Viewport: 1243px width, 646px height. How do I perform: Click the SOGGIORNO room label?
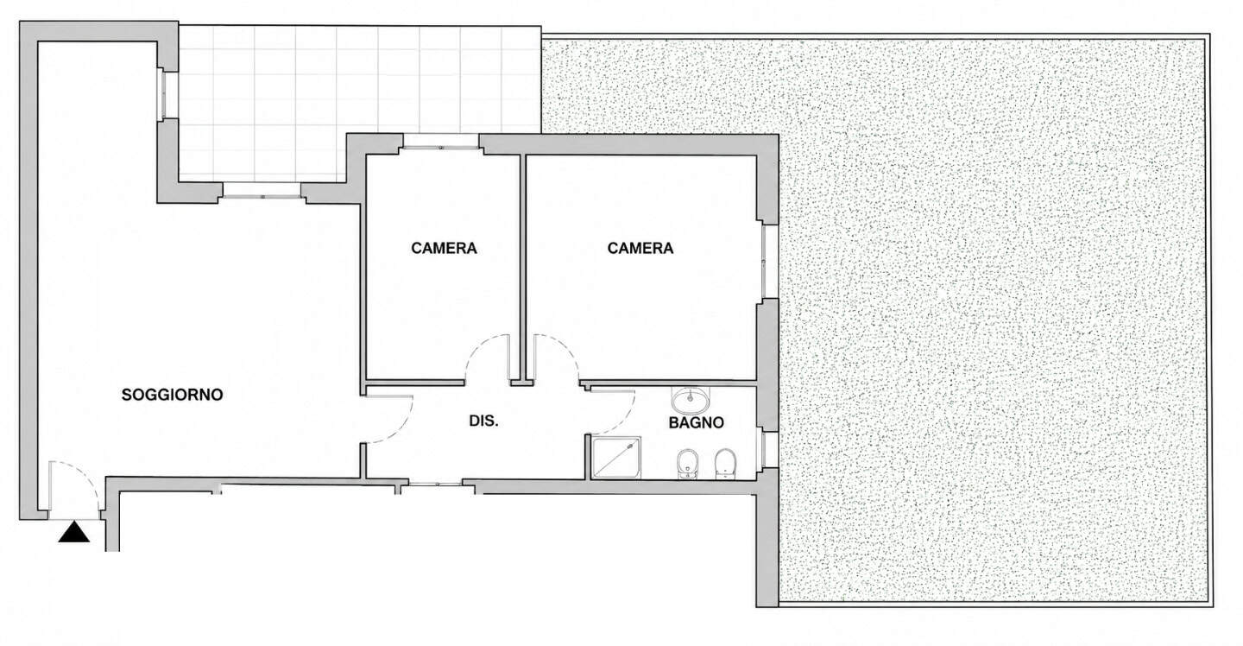click(172, 395)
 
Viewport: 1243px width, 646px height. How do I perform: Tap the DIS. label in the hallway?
click(483, 421)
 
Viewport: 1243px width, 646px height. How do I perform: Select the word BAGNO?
click(696, 423)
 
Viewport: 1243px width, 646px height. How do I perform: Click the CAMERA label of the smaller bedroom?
click(444, 248)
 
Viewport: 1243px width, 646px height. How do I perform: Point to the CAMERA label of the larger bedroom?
click(640, 248)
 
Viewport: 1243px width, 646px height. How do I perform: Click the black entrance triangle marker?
click(74, 532)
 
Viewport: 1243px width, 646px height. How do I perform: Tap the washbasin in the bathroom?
click(691, 399)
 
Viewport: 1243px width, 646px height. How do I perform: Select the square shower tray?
click(616, 457)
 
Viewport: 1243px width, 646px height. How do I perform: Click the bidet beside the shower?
click(687, 464)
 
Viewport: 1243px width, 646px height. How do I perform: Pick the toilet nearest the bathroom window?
click(725, 464)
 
